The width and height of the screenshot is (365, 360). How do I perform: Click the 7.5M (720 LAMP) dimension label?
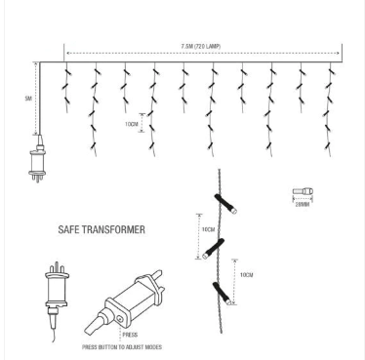202,45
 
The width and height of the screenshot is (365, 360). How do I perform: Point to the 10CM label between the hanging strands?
131,124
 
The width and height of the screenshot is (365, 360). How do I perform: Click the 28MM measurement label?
303,205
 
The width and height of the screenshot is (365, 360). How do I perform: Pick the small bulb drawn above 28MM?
302,192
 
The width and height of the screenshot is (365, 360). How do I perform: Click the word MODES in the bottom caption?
151,347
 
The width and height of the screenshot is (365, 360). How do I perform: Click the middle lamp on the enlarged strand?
222,247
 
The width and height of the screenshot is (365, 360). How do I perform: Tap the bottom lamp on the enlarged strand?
223,290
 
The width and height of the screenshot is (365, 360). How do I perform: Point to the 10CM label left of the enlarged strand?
208,229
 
